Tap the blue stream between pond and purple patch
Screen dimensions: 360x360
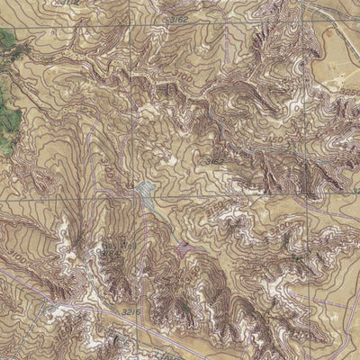pos(166,220)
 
